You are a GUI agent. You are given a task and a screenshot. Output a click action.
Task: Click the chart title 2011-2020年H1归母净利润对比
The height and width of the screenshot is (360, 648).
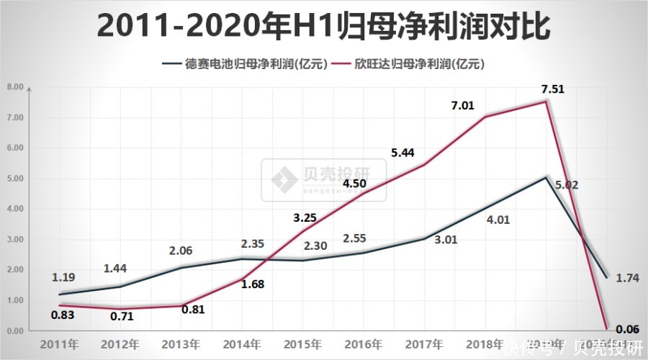[324, 26]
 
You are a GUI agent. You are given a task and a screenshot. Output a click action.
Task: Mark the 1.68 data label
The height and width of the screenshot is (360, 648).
[252, 284]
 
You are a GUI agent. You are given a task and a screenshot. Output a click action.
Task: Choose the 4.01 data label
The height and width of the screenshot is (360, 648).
[498, 220]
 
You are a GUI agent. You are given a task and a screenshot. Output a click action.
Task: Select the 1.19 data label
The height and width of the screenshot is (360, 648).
[63, 276]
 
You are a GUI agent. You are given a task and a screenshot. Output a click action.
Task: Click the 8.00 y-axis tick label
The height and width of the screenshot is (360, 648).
[15, 87]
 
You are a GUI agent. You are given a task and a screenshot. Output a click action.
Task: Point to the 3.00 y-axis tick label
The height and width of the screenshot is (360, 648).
[15, 239]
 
